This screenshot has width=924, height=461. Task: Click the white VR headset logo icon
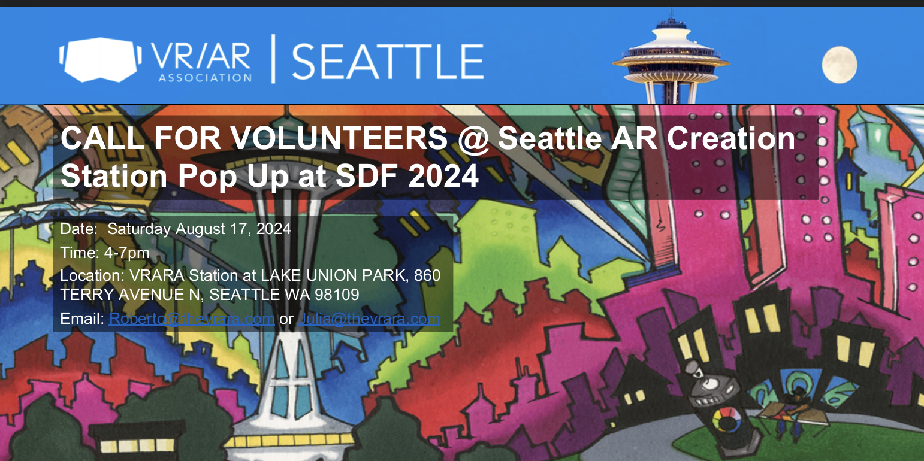(x=101, y=60)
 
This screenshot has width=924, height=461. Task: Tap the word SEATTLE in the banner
(x=387, y=61)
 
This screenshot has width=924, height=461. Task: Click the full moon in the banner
(x=839, y=65)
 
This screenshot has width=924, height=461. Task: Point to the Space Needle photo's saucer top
(x=671, y=57)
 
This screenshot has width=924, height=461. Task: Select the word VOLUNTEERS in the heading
(x=340, y=139)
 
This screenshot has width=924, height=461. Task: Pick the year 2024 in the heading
(x=443, y=177)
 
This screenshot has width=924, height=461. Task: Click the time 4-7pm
(x=126, y=253)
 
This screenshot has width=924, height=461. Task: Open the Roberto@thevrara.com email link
(x=192, y=319)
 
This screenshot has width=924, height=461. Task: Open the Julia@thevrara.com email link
(x=369, y=319)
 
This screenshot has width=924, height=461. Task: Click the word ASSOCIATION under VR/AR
(x=204, y=77)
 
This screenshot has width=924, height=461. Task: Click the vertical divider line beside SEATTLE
(x=273, y=59)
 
